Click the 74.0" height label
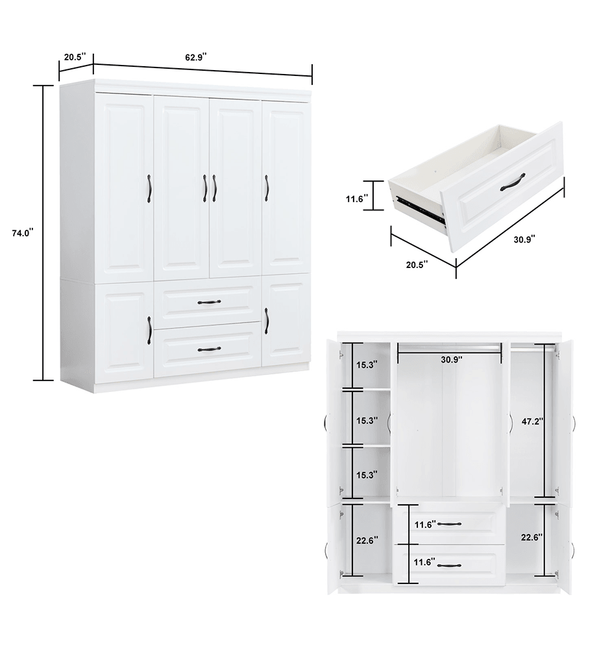21,232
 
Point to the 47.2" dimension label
533,421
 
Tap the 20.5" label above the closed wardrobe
73,56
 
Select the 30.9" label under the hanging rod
451,359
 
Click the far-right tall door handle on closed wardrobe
266,187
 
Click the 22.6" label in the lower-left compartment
367,539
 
